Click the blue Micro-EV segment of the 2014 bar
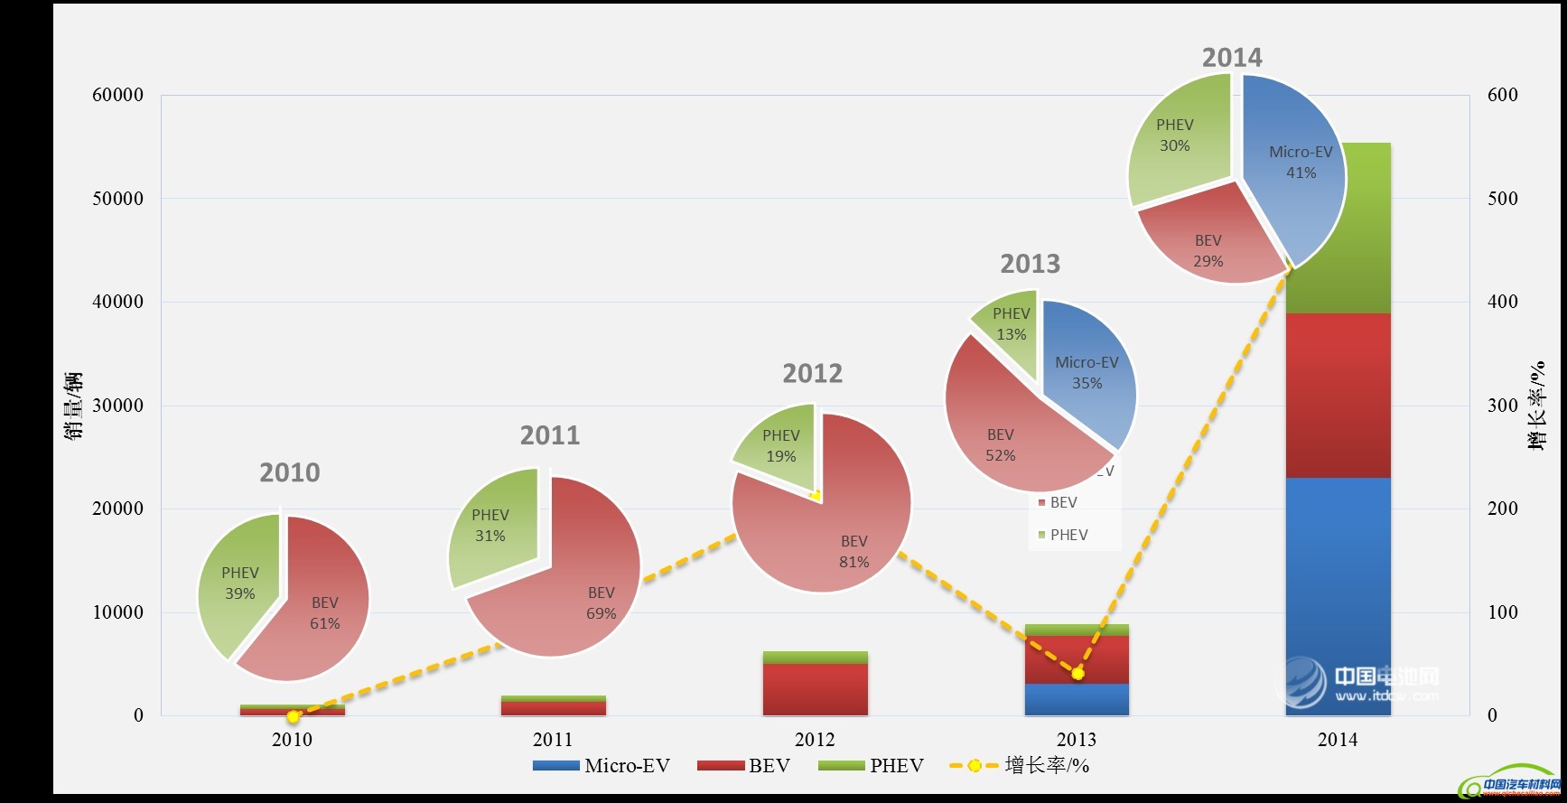(x=1338, y=596)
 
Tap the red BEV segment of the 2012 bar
(x=815, y=689)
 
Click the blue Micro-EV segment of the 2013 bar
(x=1076, y=700)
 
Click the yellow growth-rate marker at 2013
(x=1077, y=673)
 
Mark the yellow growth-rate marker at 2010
(x=293, y=716)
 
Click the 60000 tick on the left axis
(x=117, y=95)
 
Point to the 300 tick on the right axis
(x=1502, y=405)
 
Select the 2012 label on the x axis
(x=815, y=740)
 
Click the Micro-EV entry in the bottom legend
(x=602, y=766)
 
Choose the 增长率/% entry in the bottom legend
(x=1021, y=766)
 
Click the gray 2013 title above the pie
(x=1030, y=264)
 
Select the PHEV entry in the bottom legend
(x=871, y=766)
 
